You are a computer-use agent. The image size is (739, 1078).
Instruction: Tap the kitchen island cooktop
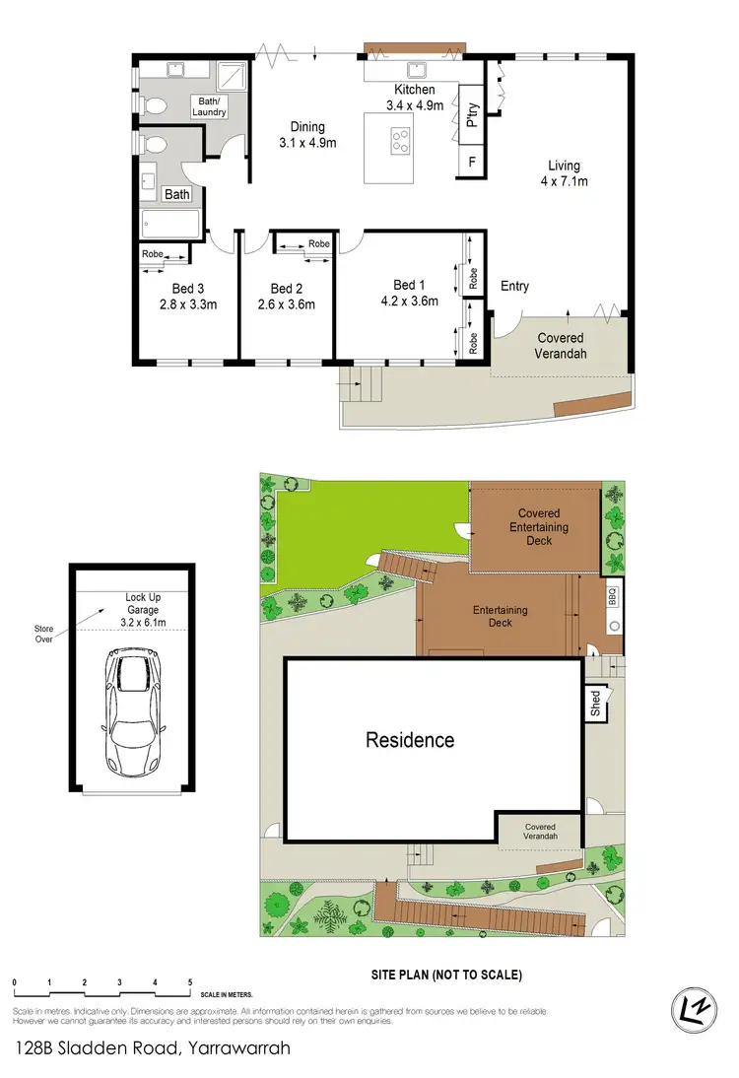pos(400,140)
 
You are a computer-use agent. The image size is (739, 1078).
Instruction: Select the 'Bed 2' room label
pos(286,289)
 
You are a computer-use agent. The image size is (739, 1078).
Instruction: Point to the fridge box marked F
pos(472,162)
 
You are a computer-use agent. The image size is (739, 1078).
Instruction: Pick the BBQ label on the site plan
pos(612,596)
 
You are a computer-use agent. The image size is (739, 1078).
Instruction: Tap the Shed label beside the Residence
pos(595,703)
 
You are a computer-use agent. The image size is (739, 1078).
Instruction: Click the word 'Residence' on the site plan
pos(410,740)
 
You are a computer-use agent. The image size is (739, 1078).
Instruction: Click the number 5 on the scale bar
pos(190,982)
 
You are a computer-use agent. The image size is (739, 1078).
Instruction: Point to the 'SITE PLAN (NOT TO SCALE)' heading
pos(445,976)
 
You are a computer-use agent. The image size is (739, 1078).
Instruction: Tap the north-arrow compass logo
pos(697,1008)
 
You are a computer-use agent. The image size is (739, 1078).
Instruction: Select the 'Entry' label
pos(514,287)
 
